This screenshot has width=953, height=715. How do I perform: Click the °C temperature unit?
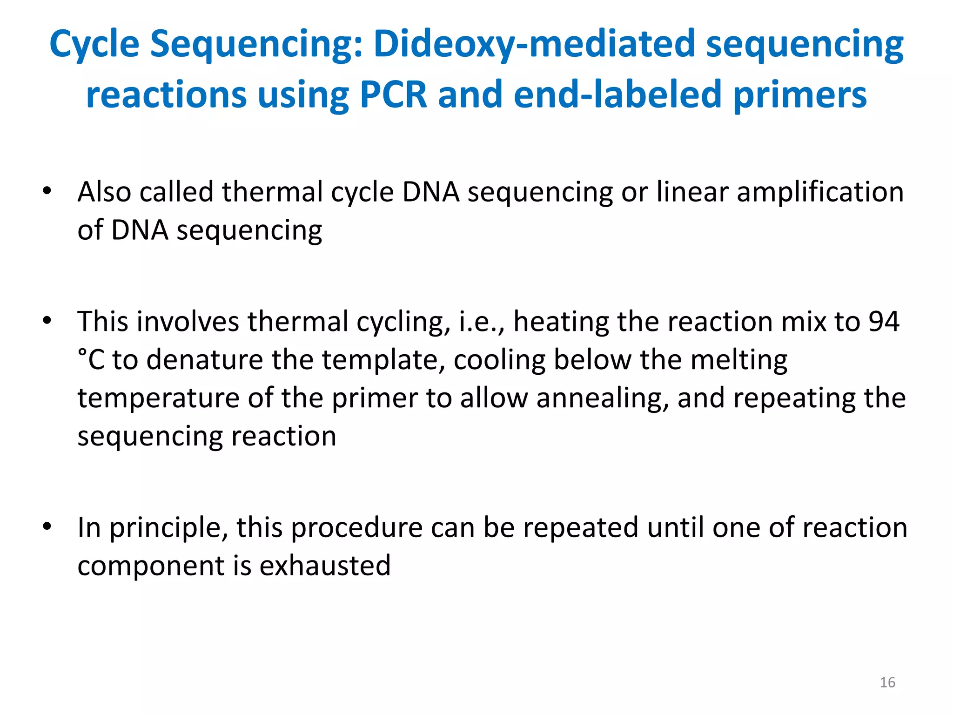[91, 360]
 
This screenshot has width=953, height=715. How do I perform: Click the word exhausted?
[325, 566]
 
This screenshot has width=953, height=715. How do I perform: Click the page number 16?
[887, 682]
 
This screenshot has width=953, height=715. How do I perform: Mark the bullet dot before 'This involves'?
[47, 321]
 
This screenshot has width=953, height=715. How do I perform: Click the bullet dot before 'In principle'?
[47, 526]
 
